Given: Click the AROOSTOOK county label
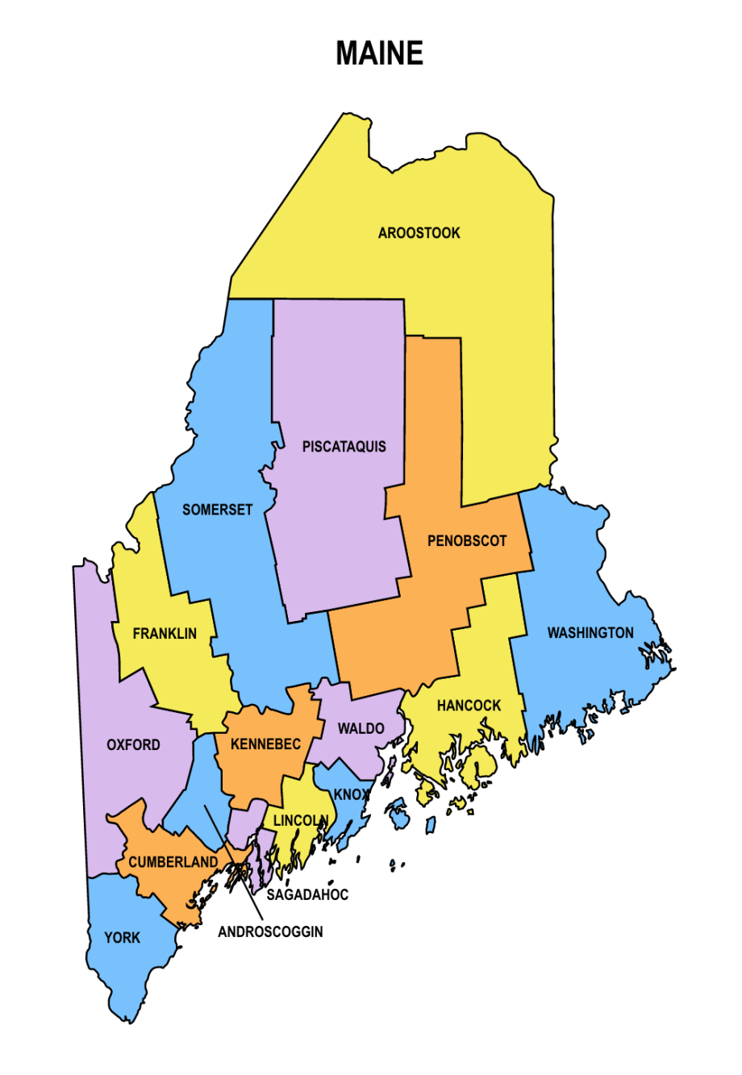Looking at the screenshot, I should click(419, 233).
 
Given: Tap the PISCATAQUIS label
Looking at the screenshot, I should click(344, 447).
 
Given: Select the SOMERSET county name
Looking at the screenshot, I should click(217, 510).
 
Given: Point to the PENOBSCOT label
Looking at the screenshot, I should click(467, 541).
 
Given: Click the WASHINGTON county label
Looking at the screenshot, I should click(590, 633).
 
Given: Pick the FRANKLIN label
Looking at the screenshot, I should click(165, 634).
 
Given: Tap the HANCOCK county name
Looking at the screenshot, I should click(469, 706).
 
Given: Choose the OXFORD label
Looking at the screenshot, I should click(133, 745).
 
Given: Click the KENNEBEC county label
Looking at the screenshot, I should click(265, 744).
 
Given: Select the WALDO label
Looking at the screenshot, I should click(361, 729).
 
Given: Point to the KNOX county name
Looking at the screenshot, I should click(351, 794).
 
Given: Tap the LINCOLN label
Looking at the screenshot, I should click(300, 821).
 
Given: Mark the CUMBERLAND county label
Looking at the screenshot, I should click(173, 862).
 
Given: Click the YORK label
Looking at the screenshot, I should click(122, 938).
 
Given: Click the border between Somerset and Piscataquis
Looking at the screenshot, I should click(273, 363).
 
